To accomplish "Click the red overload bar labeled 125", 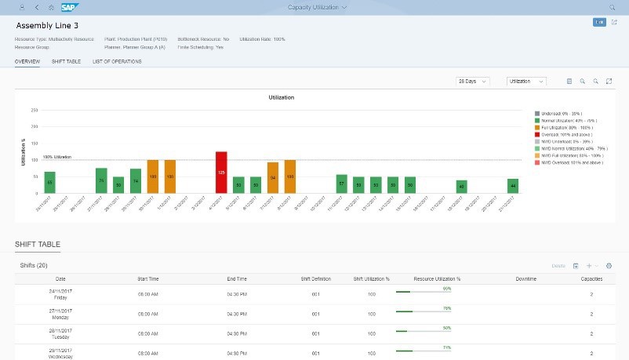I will click(x=221, y=172).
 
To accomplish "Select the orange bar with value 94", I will click(x=273, y=177).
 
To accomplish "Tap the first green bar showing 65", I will click(x=49, y=182).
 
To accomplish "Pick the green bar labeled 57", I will click(x=341, y=184).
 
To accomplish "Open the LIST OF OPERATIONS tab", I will click(x=117, y=61).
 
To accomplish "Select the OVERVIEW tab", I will click(x=27, y=61).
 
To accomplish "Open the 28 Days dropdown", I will click(x=473, y=81).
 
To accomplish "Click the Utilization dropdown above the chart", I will click(x=527, y=81).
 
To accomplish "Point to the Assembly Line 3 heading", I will click(x=46, y=25).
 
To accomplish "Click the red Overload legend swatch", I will click(x=537, y=134).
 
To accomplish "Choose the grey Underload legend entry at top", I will click(x=537, y=113).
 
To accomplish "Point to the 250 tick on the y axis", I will click(x=34, y=111).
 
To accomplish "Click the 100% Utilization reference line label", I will click(x=56, y=157).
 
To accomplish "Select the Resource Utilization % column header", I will click(x=436, y=278).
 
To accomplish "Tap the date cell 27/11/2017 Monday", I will click(x=60, y=311).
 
